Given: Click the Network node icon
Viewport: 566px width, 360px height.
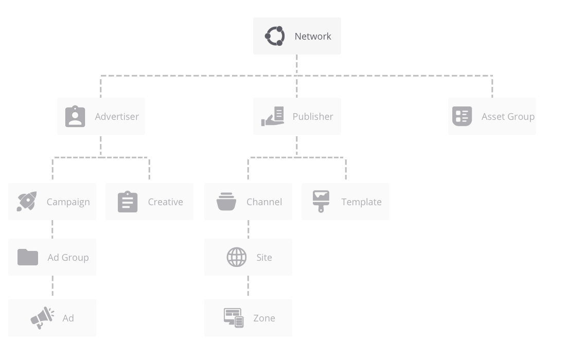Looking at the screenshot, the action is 275,36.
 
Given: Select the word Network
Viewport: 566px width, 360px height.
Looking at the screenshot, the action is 313,37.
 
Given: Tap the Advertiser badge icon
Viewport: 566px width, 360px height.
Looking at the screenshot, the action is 75,116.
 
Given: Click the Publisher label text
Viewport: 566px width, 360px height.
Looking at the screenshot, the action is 313,117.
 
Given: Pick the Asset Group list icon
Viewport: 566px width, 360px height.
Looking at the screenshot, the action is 462,116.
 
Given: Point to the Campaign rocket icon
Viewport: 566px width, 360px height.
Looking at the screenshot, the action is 27,201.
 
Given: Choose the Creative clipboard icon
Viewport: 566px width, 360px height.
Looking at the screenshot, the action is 128,202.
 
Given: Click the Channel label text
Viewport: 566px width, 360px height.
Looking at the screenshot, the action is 264,202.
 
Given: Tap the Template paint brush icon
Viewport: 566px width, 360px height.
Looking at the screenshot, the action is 321,201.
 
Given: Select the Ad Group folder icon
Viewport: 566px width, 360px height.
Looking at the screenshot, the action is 28,257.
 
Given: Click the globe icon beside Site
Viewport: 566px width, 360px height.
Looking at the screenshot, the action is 237,257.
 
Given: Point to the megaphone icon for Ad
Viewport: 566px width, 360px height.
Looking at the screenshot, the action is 42,318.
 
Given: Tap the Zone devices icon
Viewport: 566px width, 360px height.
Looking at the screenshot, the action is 234,318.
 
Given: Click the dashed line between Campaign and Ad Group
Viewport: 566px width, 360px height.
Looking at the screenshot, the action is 52,229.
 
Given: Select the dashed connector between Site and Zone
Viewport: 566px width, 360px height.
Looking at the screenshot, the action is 248,286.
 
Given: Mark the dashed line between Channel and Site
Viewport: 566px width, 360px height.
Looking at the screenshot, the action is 249,229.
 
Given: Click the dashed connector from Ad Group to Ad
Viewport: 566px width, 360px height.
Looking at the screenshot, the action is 52,286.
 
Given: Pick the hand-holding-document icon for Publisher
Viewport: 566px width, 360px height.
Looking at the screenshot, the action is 273,116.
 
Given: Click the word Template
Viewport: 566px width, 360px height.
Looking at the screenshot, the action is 361,202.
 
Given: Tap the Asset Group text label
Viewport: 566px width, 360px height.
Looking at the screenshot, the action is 508,117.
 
